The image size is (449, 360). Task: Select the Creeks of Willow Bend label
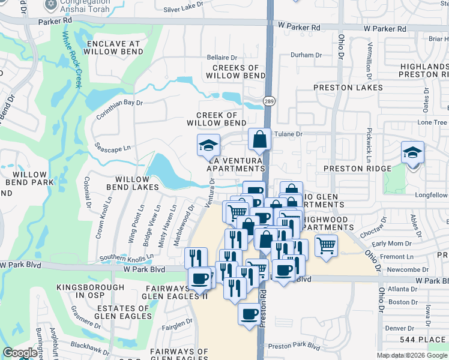tap(235, 72)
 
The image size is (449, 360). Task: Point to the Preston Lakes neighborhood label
tap(348, 88)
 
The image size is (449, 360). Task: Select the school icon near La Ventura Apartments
tap(208, 145)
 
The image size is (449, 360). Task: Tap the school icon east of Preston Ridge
tap(412, 152)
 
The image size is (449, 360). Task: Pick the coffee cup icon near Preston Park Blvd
tap(249, 314)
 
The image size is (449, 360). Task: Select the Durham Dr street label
tap(302, 55)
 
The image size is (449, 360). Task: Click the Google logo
tap(20, 353)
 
